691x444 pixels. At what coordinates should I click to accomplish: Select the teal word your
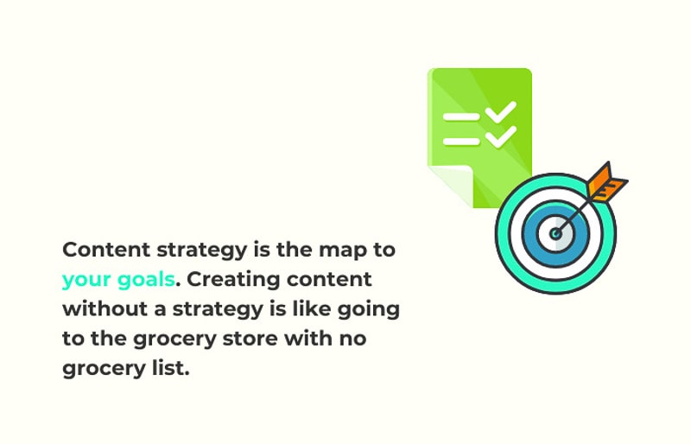[x=86, y=280]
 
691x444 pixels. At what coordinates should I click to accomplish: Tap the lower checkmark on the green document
[x=502, y=136]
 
